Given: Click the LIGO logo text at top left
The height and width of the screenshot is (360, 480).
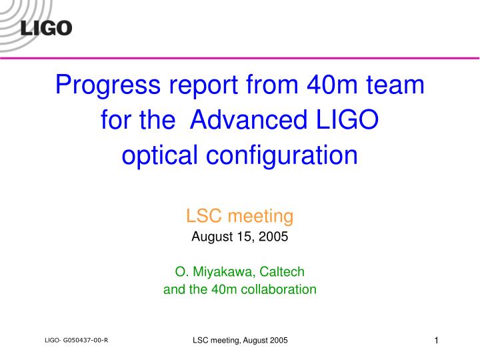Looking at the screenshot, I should click(x=46, y=28).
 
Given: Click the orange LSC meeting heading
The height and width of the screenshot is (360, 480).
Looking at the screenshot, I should click(x=239, y=216).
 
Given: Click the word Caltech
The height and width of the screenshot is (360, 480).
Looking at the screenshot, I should click(x=283, y=271).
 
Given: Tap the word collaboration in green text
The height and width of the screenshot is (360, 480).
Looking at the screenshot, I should click(x=279, y=289).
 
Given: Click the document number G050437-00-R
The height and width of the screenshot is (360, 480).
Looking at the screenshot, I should click(x=86, y=340).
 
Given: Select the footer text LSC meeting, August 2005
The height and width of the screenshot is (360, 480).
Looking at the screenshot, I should click(x=240, y=341).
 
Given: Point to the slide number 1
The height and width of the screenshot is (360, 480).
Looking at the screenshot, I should click(x=435, y=341).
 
